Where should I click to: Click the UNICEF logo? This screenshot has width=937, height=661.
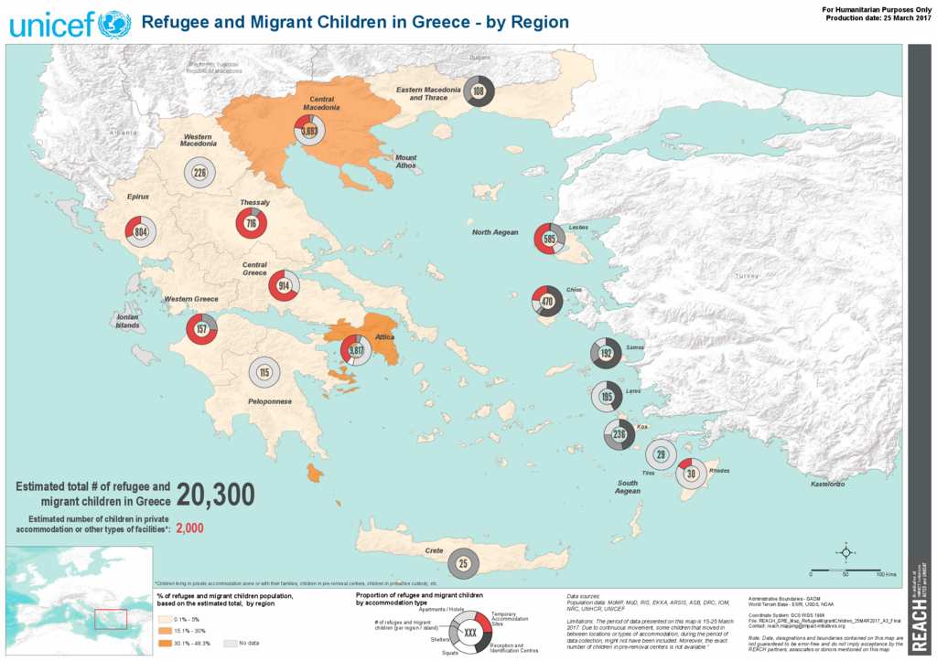pos(70,23)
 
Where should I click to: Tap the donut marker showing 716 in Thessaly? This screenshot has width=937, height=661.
pos(252,223)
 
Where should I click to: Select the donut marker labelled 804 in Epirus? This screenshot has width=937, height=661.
pos(140,232)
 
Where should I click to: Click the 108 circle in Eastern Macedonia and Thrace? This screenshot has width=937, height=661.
pos(479,91)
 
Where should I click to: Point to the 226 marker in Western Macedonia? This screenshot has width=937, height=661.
pos(199,172)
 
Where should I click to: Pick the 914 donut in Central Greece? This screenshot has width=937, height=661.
pos(284,286)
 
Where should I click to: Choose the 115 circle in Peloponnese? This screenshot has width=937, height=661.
pos(264,372)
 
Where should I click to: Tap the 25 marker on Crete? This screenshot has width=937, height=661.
pos(463,563)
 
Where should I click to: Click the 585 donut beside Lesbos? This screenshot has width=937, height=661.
pos(549,239)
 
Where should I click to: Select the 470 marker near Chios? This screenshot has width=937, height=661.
pos(548,301)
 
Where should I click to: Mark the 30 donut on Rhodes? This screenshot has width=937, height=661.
pos(692,473)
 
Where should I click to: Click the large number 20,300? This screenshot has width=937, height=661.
pos(215,495)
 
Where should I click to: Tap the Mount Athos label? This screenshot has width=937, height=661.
pos(404,161)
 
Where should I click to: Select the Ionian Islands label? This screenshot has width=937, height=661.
pos(127,321)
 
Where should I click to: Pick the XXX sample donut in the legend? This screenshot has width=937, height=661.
pos(470,633)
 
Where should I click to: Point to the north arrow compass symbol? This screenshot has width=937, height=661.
pos(846,551)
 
